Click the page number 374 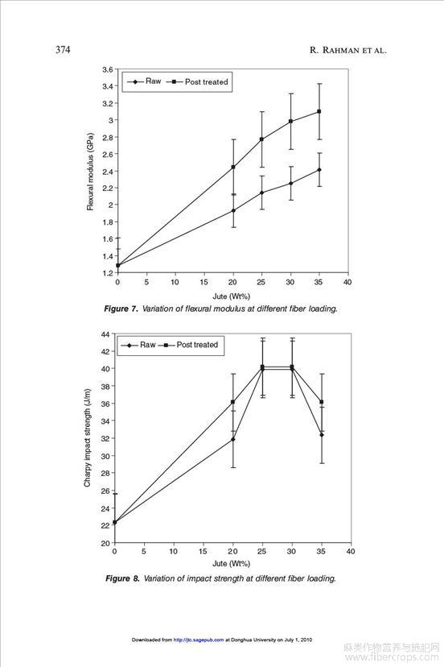coord(63,50)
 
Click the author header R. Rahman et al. coord(348,50)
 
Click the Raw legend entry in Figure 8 coord(138,345)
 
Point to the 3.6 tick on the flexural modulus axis coord(108,69)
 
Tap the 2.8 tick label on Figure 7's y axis coord(108,137)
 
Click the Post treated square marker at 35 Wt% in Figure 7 coord(319,111)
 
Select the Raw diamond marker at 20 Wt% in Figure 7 coord(233,210)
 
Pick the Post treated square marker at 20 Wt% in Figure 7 coord(233,168)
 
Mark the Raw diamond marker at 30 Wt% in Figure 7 coord(290,184)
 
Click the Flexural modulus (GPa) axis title coord(90,172)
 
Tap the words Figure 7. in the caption coord(121,309)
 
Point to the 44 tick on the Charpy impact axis coord(105,334)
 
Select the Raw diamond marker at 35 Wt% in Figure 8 coord(322,435)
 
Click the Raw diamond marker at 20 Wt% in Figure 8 coord(232,439)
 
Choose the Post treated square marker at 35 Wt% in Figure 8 coord(322,402)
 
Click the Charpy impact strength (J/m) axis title coord(88,437)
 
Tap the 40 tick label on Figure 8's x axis coord(351,551)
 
